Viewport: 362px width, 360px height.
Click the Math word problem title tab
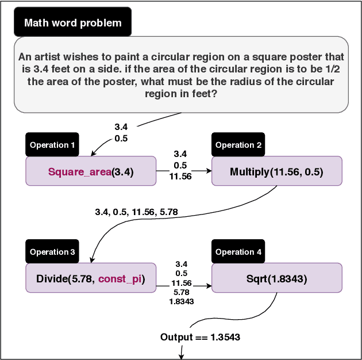[73, 23]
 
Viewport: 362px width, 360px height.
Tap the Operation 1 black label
[52, 145]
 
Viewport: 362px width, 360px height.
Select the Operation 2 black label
[238, 145]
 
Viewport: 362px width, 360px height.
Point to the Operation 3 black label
[52, 252]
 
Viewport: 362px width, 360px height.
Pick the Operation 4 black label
[238, 252]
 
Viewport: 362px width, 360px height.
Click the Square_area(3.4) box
[90, 171]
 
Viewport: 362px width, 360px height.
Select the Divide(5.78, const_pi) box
[90, 279]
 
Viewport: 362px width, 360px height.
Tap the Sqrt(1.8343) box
[276, 279]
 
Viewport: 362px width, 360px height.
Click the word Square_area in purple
[79, 172]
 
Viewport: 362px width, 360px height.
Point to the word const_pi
[120, 279]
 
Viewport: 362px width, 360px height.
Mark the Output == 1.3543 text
[200, 337]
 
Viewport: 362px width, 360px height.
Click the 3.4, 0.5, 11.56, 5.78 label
[136, 212]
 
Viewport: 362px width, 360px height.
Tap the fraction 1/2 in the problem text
[335, 69]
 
